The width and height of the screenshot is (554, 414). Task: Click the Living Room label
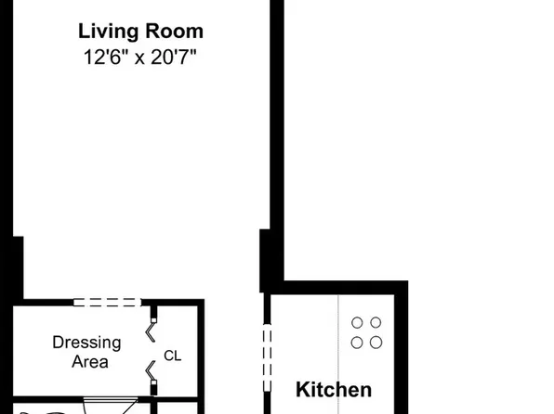coord(140,32)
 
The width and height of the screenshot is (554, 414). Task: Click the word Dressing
coord(86,342)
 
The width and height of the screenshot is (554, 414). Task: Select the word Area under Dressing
coord(89,361)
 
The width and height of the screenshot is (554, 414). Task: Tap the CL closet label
coord(172,356)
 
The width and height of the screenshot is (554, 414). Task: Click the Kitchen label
coord(334,390)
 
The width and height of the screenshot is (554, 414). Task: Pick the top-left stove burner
coord(357,323)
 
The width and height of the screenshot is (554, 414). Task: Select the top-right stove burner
coord(376,323)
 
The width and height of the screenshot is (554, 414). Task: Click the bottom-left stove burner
coord(357,342)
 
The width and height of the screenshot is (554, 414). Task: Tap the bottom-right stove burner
coord(376,342)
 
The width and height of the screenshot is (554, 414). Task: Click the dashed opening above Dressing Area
coord(107,303)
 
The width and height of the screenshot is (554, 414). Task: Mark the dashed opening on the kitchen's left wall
coord(269,353)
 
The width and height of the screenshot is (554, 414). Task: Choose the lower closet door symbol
coord(151,375)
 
